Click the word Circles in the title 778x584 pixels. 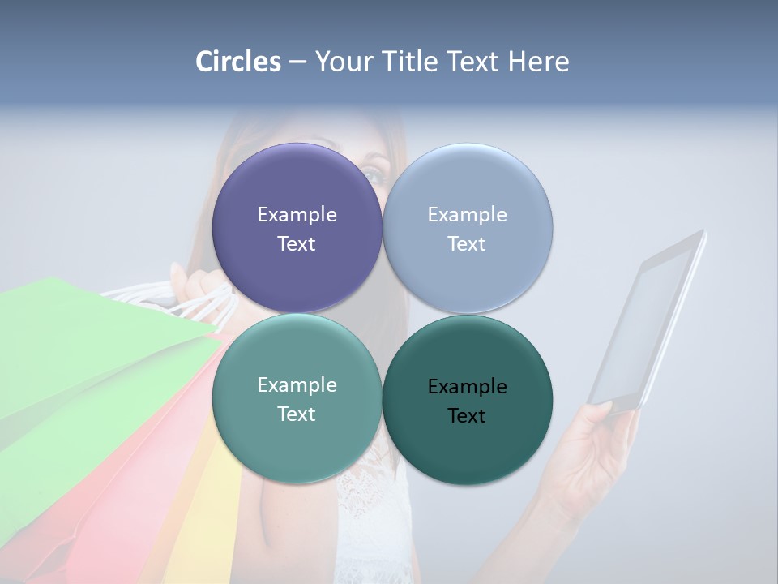[x=238, y=62]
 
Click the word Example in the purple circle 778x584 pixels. [x=297, y=215]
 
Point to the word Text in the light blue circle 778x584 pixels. [x=467, y=244]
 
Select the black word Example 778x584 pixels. [x=467, y=387]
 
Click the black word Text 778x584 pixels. [x=467, y=416]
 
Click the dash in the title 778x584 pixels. [x=297, y=62]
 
